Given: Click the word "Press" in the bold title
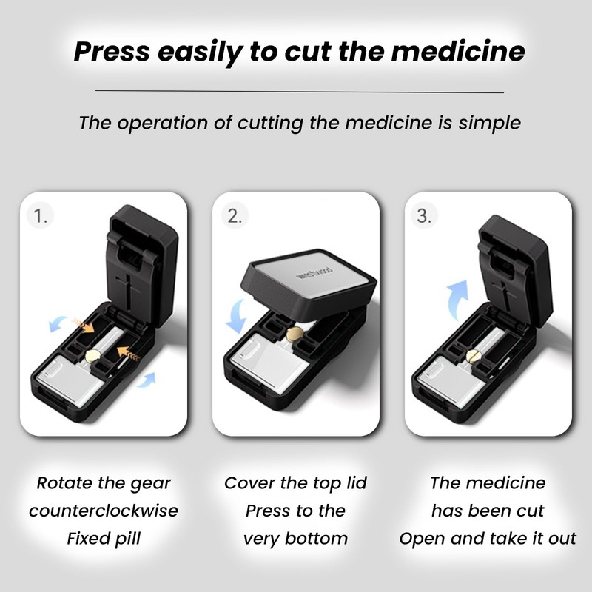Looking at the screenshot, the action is [112, 51].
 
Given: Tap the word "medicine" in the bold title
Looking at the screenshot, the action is [458, 51].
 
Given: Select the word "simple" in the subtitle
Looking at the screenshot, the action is [490, 124].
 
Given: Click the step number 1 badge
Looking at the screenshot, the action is [41, 216].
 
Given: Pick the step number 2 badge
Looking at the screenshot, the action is [235, 216].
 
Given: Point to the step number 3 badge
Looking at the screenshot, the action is [424, 216].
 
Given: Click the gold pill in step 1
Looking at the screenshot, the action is [93, 356].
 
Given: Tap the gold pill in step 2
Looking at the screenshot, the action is [295, 334].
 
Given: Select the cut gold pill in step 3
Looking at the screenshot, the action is [474, 357].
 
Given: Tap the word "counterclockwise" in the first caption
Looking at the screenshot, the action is [104, 511].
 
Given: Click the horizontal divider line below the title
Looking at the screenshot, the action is [300, 91].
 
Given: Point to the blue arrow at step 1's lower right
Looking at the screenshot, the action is [147, 380].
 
